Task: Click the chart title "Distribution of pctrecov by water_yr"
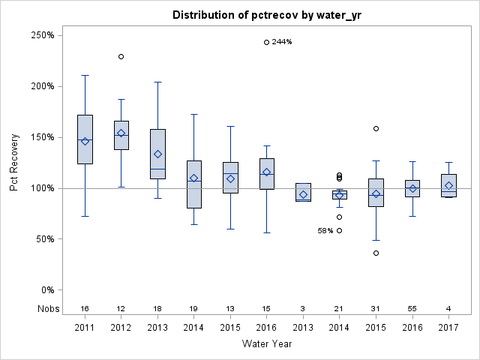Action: click(267, 15)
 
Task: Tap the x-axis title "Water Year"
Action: click(267, 343)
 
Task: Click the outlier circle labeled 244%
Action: click(267, 42)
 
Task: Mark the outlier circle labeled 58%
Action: click(340, 231)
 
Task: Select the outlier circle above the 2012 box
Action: click(121, 56)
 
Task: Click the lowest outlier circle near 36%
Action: click(376, 253)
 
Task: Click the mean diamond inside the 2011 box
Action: click(85, 141)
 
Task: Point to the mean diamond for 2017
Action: click(449, 185)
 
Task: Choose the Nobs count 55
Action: click(412, 308)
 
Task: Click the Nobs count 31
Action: click(376, 308)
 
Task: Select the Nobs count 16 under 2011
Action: click(85, 308)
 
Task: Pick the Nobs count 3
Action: click(303, 308)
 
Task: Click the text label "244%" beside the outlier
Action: click(282, 42)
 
